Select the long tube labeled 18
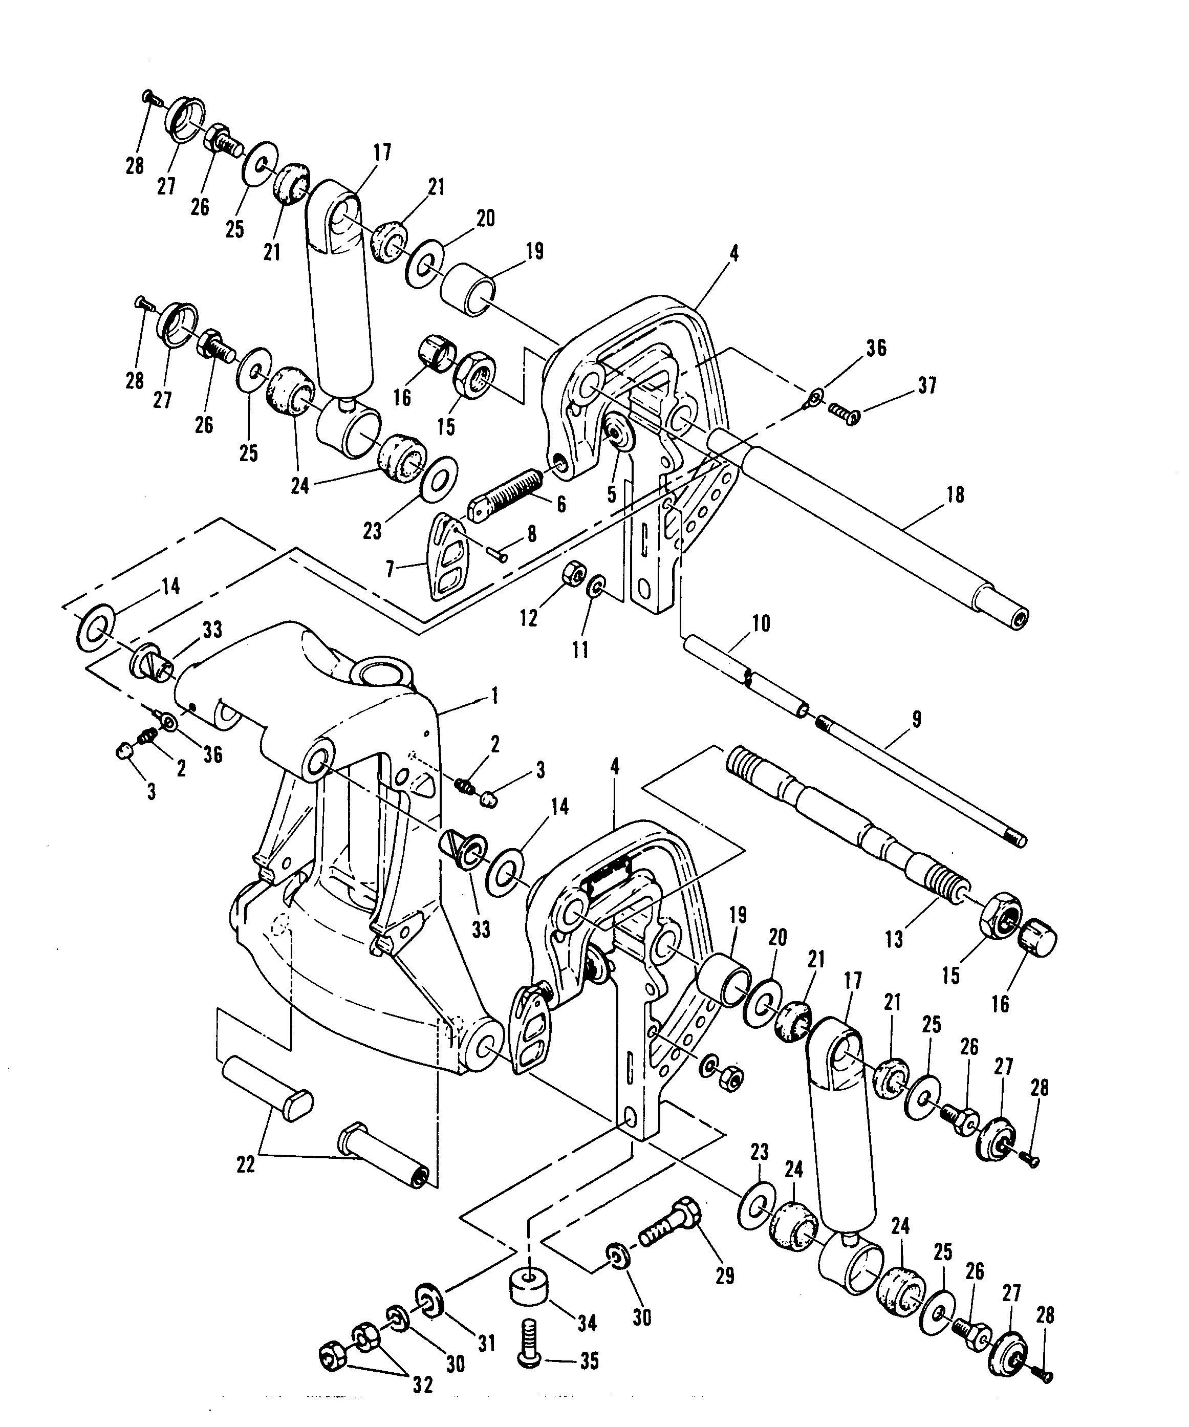click(866, 523)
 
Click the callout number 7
click(390, 570)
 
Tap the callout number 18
click(955, 495)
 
